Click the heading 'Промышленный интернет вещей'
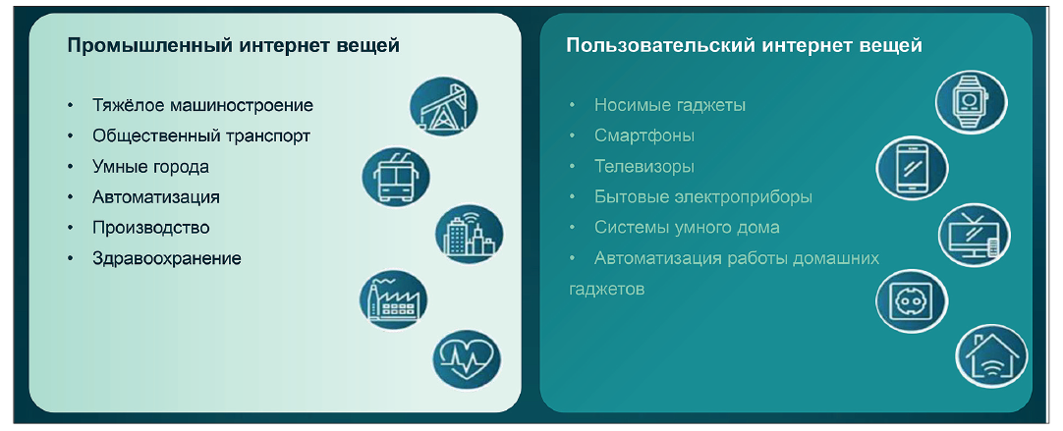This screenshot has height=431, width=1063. (233, 45)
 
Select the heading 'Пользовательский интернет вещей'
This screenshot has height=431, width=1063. (744, 45)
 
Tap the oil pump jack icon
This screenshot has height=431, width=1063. (444, 106)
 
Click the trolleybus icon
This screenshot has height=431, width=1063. (396, 176)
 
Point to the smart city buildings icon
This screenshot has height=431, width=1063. (469, 235)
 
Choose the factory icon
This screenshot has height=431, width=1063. (393, 298)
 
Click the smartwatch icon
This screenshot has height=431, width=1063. (970, 100)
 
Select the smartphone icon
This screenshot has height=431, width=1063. (911, 167)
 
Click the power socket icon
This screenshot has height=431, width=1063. (910, 300)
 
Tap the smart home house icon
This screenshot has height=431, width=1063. (991, 355)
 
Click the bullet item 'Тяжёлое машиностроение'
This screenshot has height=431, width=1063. (202, 105)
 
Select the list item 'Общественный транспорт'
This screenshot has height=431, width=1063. (201, 135)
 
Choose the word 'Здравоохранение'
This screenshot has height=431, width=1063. (167, 258)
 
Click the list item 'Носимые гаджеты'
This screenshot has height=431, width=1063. (670, 105)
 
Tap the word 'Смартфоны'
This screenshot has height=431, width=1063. (644, 135)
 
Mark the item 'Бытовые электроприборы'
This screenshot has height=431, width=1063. (703, 196)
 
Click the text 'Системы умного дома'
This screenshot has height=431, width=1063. (687, 227)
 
